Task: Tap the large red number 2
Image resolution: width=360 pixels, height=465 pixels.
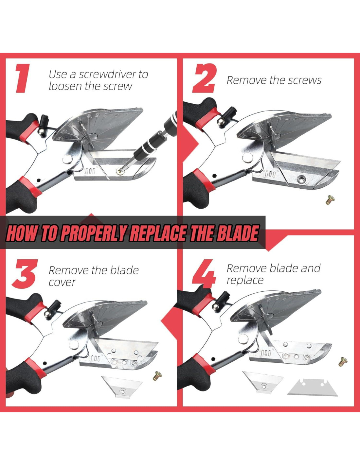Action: click(204, 78)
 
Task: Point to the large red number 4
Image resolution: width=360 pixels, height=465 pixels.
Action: click(204, 274)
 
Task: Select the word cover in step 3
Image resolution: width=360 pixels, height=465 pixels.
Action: click(62, 283)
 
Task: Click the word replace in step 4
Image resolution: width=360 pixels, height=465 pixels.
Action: click(245, 281)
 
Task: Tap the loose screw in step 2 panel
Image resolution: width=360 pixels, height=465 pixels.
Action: click(330, 200)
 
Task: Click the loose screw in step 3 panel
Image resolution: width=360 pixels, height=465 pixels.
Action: click(157, 376)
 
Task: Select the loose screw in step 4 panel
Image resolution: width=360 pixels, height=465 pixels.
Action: click(343, 362)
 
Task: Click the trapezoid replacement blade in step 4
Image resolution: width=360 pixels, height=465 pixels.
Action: click(313, 387)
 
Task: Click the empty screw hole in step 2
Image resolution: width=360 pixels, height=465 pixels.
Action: click(301, 178)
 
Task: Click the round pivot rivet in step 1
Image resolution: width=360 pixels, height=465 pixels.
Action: click(67, 160)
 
